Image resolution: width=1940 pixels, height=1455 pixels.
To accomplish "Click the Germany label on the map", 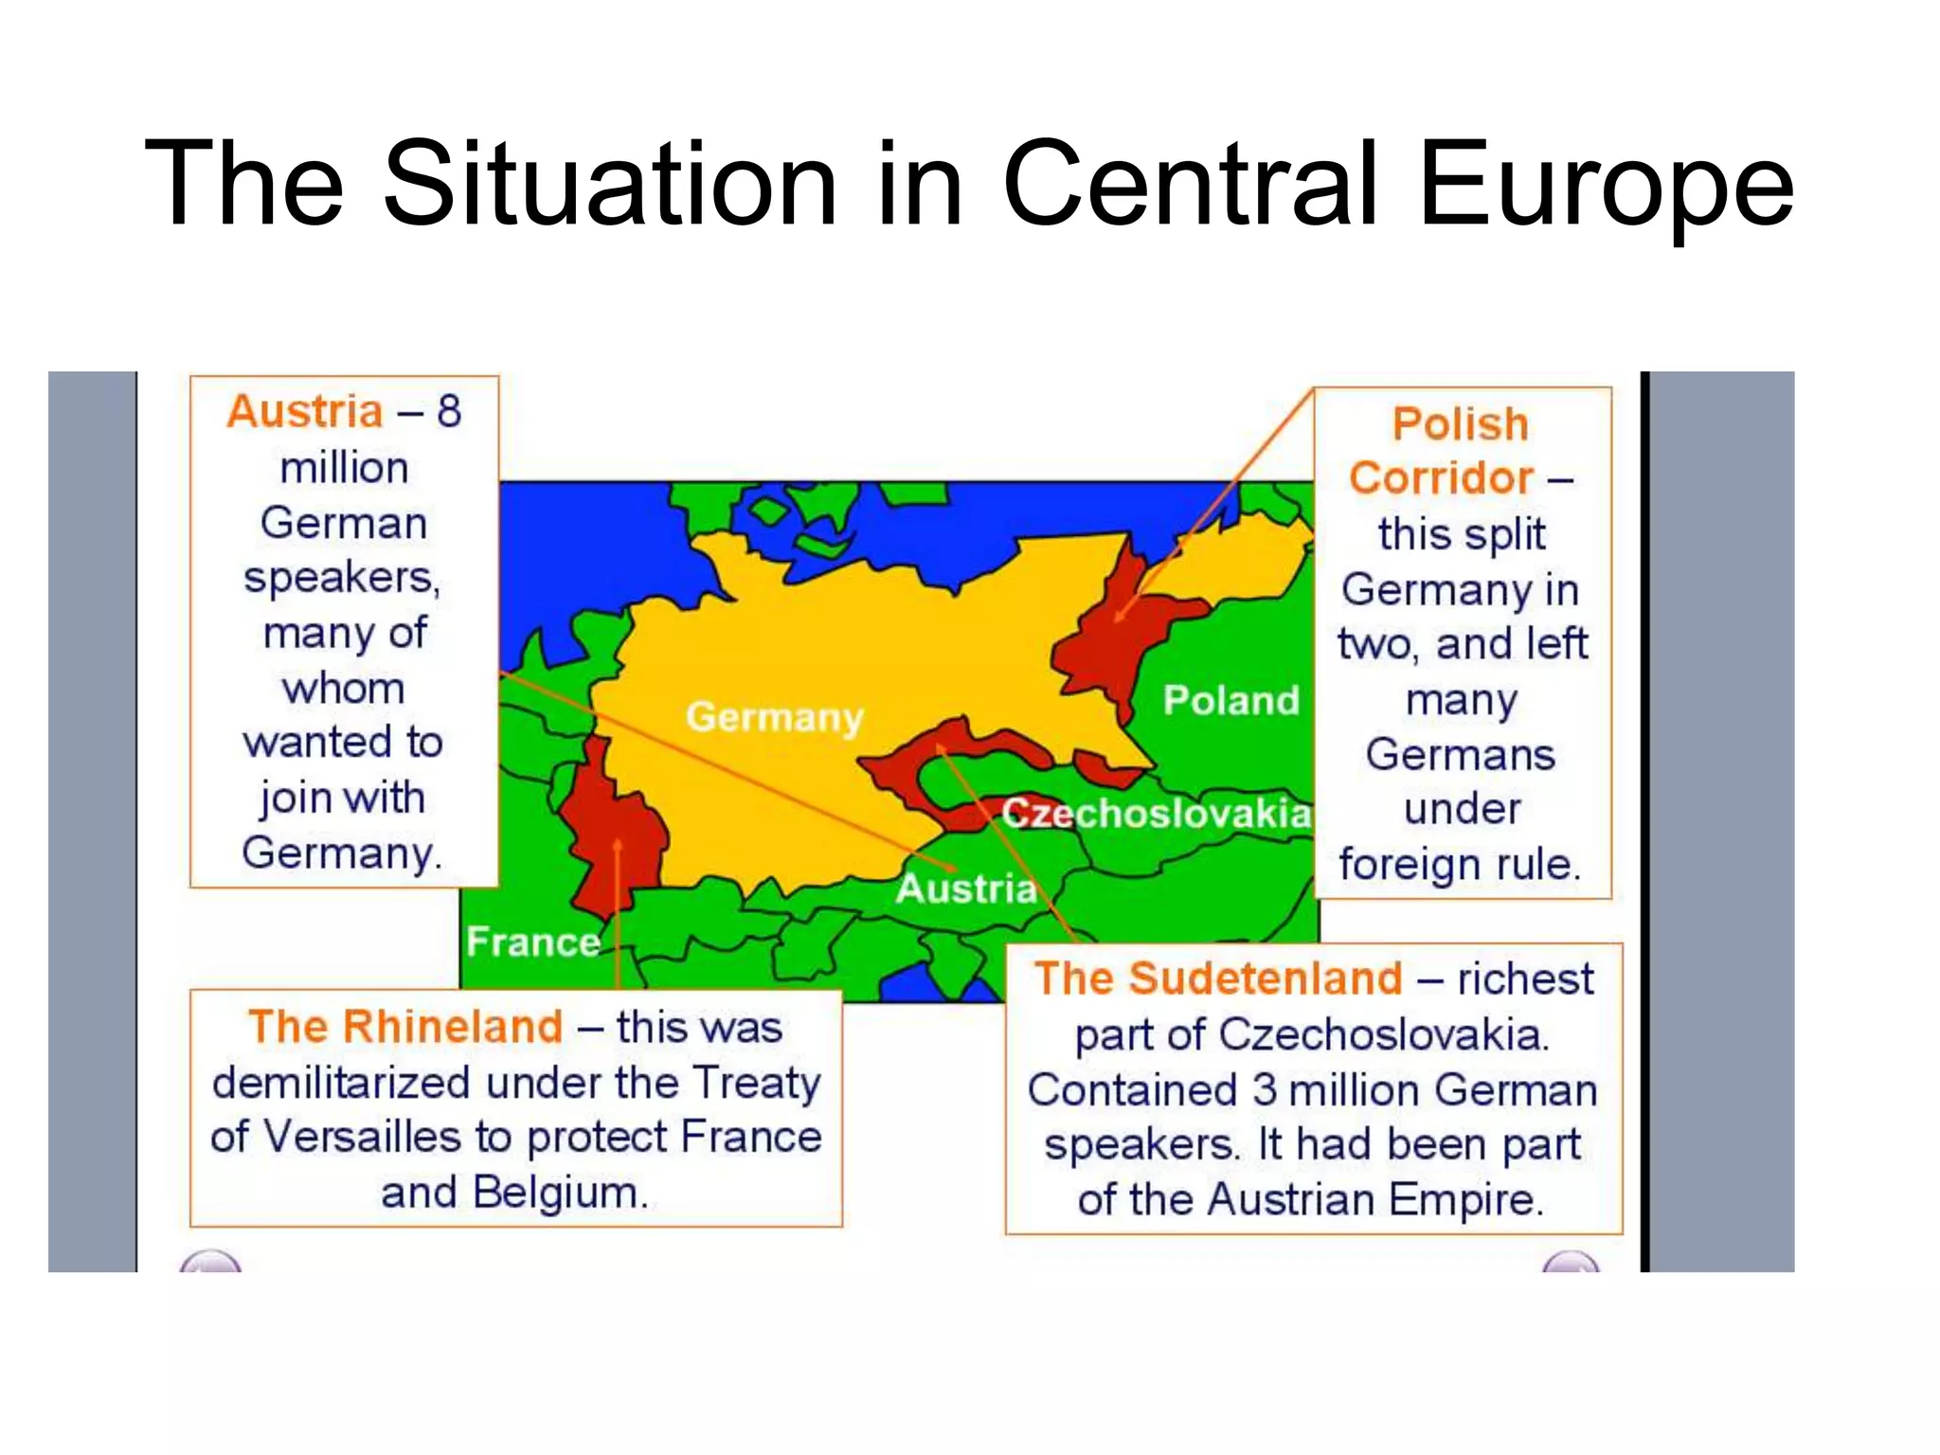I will (774, 717).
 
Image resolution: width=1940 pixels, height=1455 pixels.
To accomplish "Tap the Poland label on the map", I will (1230, 700).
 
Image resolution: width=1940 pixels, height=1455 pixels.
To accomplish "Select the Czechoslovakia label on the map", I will (1157, 813).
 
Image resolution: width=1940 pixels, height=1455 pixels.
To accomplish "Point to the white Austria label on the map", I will (965, 889).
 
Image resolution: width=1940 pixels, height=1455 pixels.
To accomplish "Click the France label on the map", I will (533, 942).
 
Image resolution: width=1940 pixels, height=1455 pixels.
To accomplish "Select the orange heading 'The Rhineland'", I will (405, 1027).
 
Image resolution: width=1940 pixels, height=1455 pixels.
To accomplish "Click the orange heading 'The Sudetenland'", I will (1218, 979).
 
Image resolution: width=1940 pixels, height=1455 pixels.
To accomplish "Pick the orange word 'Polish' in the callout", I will (1460, 423).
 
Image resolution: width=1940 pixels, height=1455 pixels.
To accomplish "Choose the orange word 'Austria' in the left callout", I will (305, 411).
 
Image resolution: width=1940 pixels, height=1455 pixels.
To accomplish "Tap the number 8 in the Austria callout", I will (448, 411).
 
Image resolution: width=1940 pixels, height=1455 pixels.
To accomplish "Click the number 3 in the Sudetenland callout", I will (1265, 1089).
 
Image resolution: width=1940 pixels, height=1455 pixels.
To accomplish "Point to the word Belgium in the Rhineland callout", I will (560, 1192).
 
